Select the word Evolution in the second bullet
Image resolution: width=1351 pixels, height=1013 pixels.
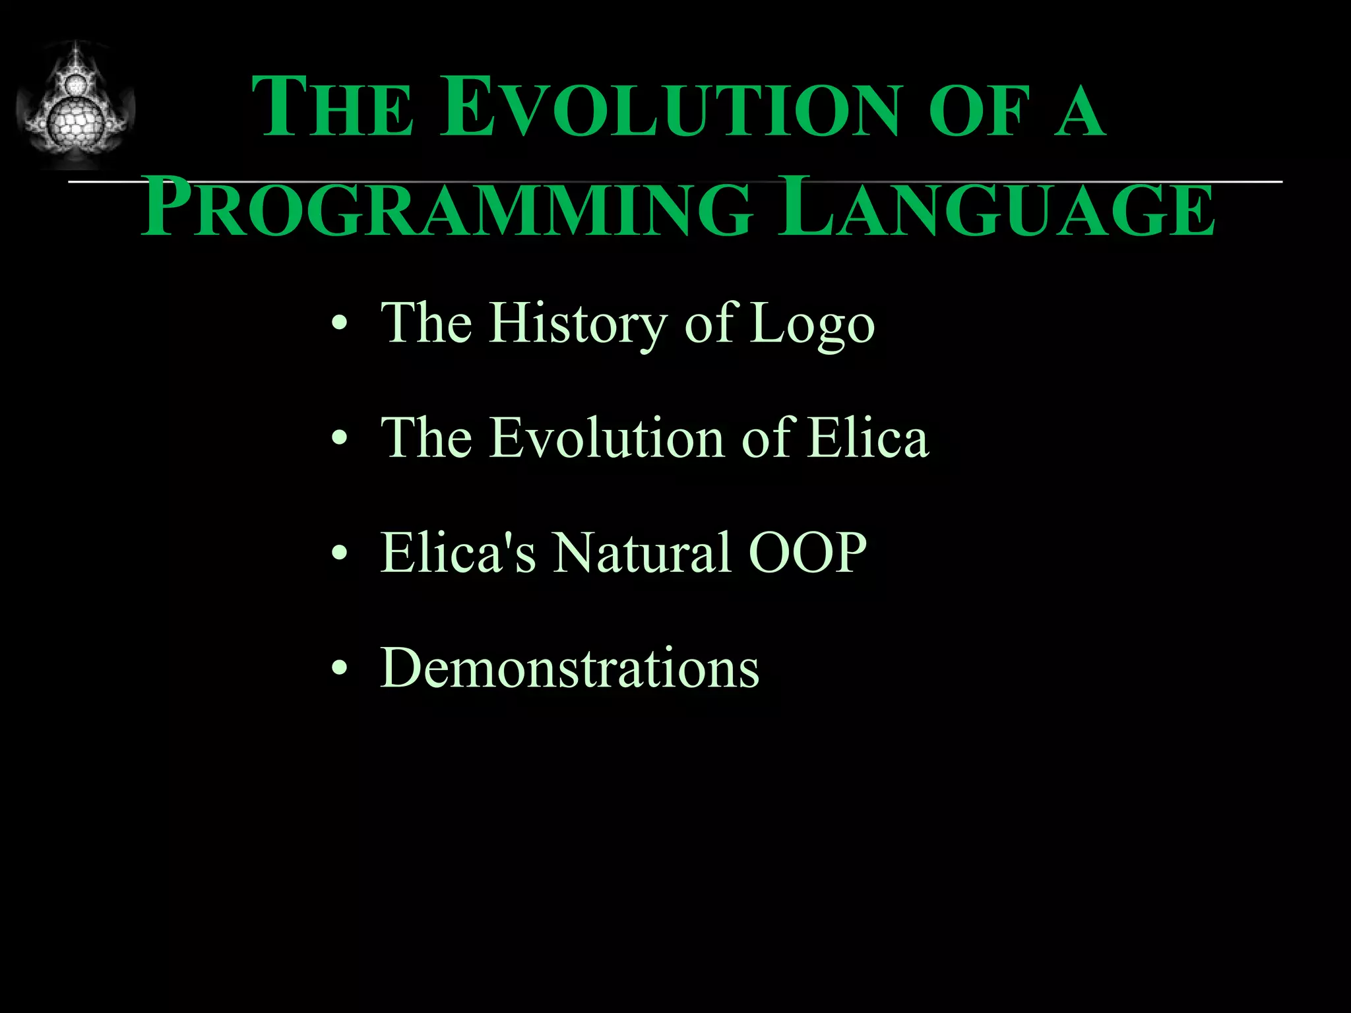coord(607,438)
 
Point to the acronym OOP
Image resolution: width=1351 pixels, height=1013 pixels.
coord(807,553)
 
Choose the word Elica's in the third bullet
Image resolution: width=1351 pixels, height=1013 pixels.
coord(458,553)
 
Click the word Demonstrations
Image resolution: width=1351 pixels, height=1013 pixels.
coord(570,667)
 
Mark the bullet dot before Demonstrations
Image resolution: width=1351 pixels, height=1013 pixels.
coord(339,669)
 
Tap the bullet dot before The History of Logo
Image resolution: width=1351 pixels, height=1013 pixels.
coord(339,324)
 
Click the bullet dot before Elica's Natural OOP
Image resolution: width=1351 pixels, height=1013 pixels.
coord(339,553)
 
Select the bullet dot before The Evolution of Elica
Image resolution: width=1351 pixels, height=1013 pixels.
coord(339,438)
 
